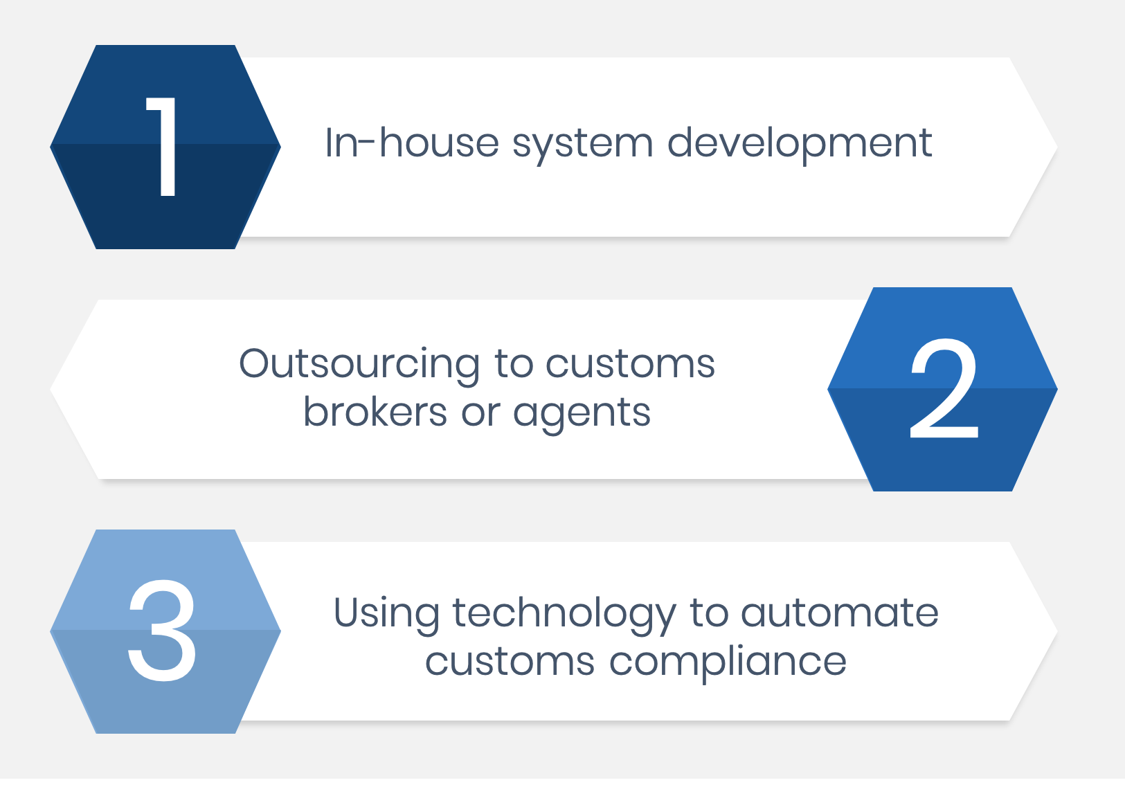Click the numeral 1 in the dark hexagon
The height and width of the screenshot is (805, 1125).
pos(164,146)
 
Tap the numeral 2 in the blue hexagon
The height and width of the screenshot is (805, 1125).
pos(944,389)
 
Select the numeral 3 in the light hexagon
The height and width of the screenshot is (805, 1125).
pos(163,631)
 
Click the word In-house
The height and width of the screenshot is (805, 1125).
pos(411,143)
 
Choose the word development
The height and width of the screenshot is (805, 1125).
pos(799,144)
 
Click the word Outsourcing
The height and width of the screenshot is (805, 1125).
pos(359,364)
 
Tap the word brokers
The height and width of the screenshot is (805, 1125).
pos(375,412)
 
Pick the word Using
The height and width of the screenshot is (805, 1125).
pos(386,614)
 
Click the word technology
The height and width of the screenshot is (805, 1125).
pos(564,614)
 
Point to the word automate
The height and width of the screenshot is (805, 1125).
pos(839,613)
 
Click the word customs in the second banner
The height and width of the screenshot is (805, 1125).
pos(630,364)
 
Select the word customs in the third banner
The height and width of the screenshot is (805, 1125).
pos(510,662)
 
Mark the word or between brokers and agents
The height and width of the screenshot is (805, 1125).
pos(480,413)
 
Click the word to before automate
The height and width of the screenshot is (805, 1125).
pos(709,613)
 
